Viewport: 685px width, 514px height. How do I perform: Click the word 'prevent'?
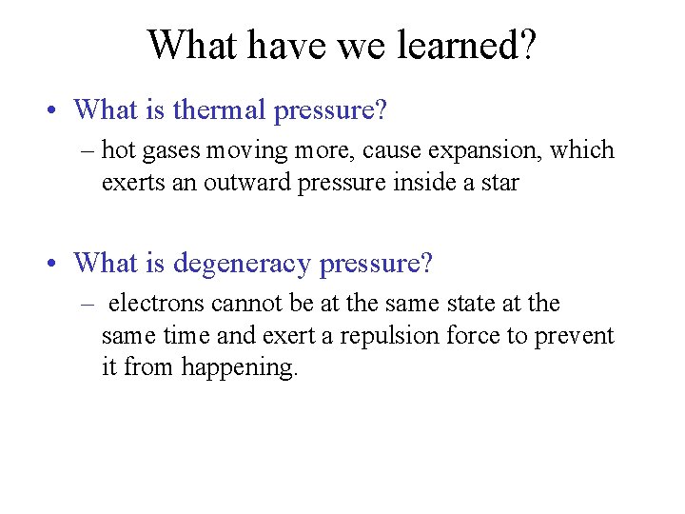point(579,335)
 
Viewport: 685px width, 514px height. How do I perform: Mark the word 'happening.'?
point(240,366)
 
